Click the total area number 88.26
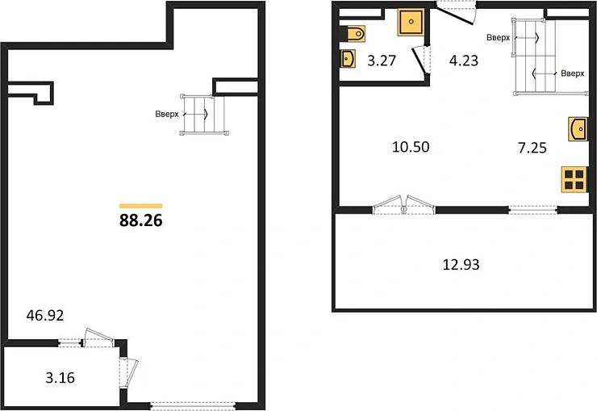141,220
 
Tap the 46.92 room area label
45,316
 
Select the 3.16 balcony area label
61,377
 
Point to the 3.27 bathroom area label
382,61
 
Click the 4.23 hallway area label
464,61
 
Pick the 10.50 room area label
411,147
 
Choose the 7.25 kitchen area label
532,148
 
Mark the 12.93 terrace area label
461,264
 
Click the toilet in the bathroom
356,34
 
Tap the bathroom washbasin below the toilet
348,59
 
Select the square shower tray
411,22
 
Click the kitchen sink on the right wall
578,129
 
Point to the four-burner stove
574,180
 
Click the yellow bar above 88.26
141,206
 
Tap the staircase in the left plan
204,115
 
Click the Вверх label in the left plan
167,114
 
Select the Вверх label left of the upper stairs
498,38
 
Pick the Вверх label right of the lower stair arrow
572,73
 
